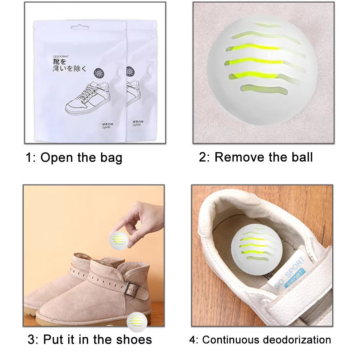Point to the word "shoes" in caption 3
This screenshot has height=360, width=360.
pyautogui.click(x=134, y=339)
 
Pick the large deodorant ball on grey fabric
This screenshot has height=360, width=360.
pyautogui.click(x=262, y=70)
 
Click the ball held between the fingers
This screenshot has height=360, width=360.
pyautogui.click(x=119, y=240)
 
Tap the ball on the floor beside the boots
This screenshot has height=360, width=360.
pyautogui.click(x=137, y=321)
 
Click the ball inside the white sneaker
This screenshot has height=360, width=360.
pyautogui.click(x=256, y=249)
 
